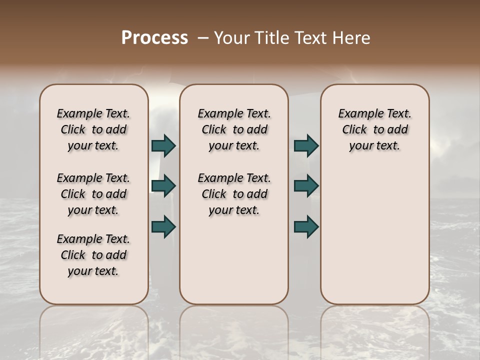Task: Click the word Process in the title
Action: point(154,37)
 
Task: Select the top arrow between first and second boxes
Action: point(163,145)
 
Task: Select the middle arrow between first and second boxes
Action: point(163,186)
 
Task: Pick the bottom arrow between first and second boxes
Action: point(163,226)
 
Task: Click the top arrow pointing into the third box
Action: point(306,145)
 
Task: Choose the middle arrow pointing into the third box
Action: point(306,186)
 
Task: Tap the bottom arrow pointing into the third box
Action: point(306,226)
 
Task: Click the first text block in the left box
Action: point(93,129)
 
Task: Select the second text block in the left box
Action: point(93,194)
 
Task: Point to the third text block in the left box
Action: point(93,255)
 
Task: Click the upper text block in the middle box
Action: point(234,129)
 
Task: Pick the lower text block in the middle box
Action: point(234,194)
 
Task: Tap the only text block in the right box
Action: point(375,129)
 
